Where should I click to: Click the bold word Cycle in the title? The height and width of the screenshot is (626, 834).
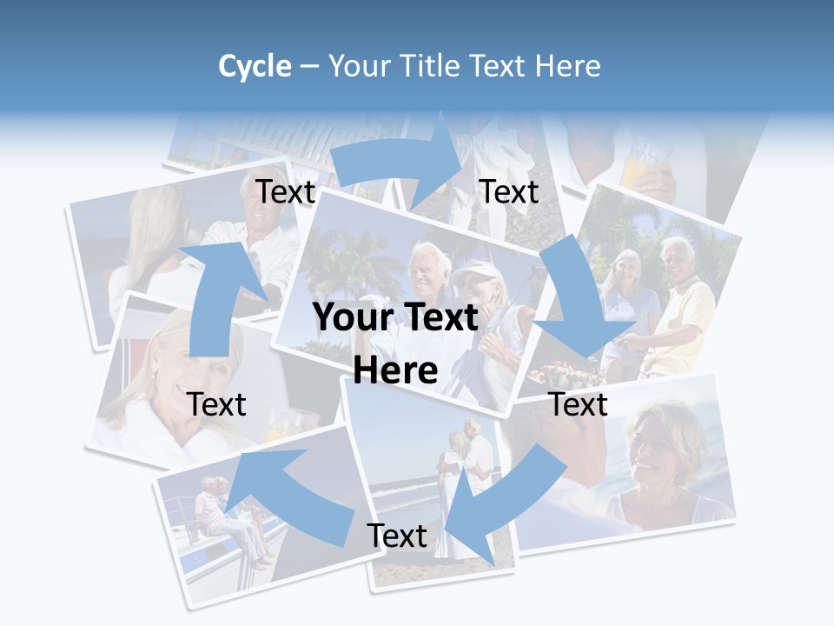[x=255, y=66]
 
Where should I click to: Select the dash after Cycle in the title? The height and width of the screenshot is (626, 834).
[x=308, y=67]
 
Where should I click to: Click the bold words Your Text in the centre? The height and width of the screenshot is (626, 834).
[x=395, y=318]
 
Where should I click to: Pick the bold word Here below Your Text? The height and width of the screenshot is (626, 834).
[x=395, y=371]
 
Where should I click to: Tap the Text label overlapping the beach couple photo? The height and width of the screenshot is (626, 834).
[x=397, y=536]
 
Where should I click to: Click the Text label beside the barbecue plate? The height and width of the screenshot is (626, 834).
[x=578, y=404]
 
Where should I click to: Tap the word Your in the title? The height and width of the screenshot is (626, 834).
[x=359, y=66]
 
